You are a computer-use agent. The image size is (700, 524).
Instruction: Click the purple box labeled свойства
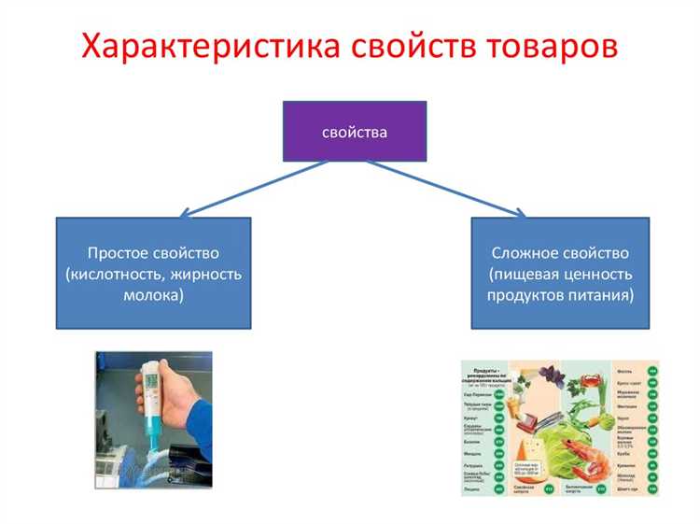(355, 132)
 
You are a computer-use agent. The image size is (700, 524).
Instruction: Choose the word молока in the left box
(153, 295)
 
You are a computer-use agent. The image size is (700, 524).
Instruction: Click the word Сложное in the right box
(528, 253)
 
